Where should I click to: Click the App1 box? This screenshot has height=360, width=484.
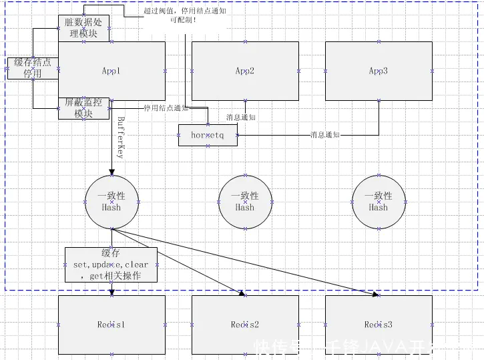click(111, 70)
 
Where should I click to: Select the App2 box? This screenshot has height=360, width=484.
click(245, 70)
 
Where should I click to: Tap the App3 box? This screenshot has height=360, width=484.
click(379, 70)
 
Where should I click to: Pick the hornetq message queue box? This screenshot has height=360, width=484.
click(208, 135)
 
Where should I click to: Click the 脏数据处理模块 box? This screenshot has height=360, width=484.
click(84, 28)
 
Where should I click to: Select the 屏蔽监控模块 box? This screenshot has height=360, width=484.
click(84, 108)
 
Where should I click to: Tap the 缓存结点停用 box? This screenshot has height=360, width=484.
click(33, 68)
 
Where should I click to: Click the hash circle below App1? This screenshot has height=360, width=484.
click(111, 202)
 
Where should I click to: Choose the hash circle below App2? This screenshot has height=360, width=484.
click(245, 202)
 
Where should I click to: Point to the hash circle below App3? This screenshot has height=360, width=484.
click(379, 202)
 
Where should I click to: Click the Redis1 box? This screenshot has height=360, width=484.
click(111, 325)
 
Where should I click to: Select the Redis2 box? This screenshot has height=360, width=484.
click(245, 325)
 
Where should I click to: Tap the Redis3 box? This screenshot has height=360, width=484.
click(379, 325)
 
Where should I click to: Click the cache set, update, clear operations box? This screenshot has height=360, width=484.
click(111, 264)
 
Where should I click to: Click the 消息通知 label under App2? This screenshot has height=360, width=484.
click(240, 118)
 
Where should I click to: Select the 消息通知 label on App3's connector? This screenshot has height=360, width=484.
click(325, 135)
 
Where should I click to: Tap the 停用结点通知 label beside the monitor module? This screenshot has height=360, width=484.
click(166, 108)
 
